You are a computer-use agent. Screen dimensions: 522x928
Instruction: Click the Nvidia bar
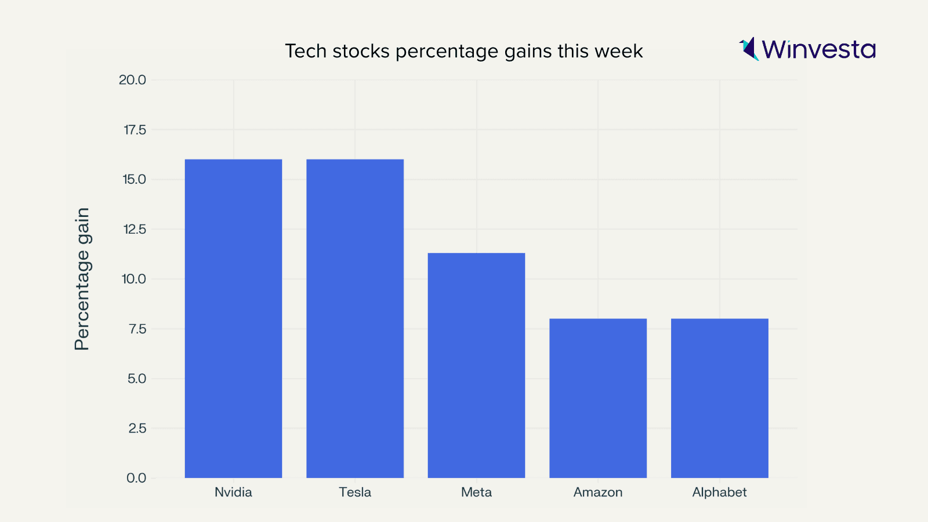pyautogui.click(x=233, y=318)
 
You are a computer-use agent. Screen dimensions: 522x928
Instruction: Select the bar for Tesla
pyautogui.click(x=355, y=318)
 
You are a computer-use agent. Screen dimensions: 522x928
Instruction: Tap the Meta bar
pyautogui.click(x=476, y=365)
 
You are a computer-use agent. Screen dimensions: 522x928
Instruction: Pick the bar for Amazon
pyautogui.click(x=598, y=398)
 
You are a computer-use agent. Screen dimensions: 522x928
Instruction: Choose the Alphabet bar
pyautogui.click(x=719, y=398)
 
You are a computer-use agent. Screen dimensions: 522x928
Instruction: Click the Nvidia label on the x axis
pyautogui.click(x=233, y=492)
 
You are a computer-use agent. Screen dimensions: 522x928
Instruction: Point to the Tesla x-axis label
pyautogui.click(x=355, y=492)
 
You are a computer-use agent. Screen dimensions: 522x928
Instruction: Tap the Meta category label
pyautogui.click(x=476, y=492)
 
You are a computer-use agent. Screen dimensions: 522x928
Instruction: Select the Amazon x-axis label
pyautogui.click(x=598, y=492)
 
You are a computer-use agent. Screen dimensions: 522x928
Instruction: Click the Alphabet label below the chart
pyautogui.click(x=719, y=492)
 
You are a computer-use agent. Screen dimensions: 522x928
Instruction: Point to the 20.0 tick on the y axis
pyautogui.click(x=132, y=80)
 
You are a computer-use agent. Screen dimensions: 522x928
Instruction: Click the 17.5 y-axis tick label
pyautogui.click(x=135, y=130)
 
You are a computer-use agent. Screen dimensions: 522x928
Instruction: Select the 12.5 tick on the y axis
pyautogui.click(x=135, y=229)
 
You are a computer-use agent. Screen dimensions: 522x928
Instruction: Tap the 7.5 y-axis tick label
pyautogui.click(x=137, y=329)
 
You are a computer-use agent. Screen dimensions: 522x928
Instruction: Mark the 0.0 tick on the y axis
pyautogui.click(x=136, y=478)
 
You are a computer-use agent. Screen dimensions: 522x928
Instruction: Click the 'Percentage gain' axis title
pyautogui.click(x=82, y=279)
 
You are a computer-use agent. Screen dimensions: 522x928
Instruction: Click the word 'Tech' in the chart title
pyautogui.click(x=306, y=51)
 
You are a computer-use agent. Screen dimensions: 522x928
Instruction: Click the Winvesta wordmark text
pyautogui.click(x=818, y=49)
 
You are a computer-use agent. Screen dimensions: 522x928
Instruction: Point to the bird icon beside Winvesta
pyautogui.click(x=749, y=49)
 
